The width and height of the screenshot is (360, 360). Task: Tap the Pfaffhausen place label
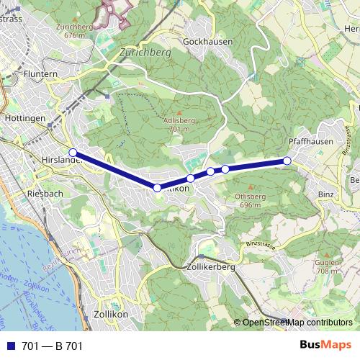[310, 142]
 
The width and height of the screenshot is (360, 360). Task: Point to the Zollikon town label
[110, 314]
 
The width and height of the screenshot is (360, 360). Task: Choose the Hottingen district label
[25, 117]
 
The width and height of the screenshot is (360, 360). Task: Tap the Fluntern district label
[40, 74]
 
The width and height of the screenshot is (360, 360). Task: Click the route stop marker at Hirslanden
[73, 152]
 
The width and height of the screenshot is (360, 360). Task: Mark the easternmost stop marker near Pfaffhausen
[287, 161]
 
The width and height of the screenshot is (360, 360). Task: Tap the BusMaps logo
[325, 345]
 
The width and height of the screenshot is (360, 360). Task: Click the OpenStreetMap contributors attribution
[297, 323]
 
